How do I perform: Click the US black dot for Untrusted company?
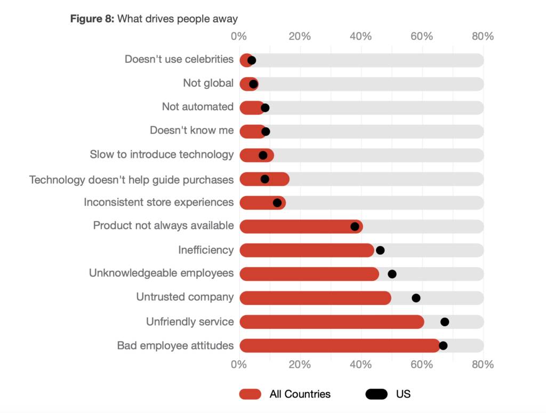[x=416, y=298]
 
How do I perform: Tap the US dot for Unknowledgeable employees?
[x=392, y=274]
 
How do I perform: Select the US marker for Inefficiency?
[x=380, y=250]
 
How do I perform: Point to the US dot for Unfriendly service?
[x=445, y=322]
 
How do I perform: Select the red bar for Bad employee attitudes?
[x=336, y=346]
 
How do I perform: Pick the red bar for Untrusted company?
[x=315, y=298]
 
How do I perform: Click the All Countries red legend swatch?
[x=250, y=394]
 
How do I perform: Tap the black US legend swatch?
[x=376, y=394]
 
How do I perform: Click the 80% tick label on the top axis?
[x=483, y=36]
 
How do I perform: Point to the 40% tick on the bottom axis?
[x=360, y=365]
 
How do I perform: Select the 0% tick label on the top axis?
[x=238, y=36]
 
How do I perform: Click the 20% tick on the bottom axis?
[x=299, y=365]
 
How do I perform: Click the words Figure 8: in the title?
[x=92, y=19]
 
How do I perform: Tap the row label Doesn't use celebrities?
[x=179, y=59]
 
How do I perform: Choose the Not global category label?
[x=208, y=83]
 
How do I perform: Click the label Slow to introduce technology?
[x=162, y=155]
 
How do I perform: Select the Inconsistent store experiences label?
[x=158, y=203]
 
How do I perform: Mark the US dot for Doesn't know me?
[x=266, y=131]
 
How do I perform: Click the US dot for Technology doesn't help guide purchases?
[x=265, y=179]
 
